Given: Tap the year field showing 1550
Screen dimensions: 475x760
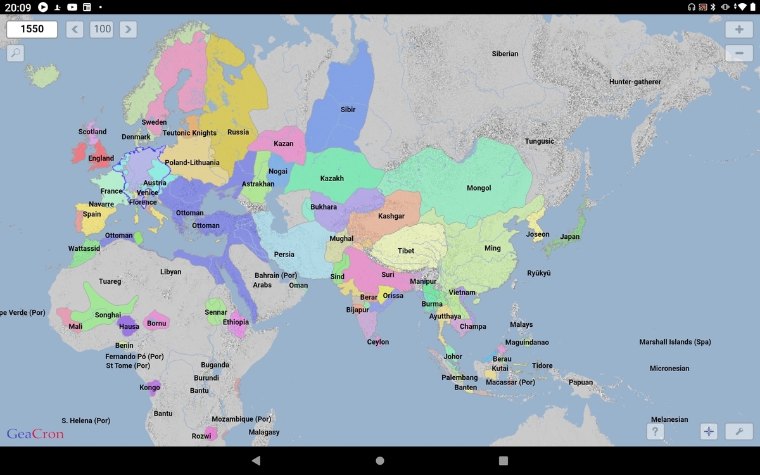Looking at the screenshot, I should coord(32,29).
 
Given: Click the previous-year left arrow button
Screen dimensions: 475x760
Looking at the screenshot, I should coord(75,29).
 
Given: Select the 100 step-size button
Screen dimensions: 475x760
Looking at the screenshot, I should coord(102,29).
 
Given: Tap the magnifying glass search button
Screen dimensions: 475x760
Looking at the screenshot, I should coord(15,53).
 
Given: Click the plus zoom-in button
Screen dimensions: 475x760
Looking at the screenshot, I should coord(739,30).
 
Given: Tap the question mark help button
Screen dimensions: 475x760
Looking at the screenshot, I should coord(655,432).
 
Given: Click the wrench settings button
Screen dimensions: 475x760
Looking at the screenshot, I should coord(739,432).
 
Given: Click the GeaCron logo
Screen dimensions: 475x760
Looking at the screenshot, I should coord(35,434).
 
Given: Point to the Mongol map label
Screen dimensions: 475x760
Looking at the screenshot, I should coord(479,188).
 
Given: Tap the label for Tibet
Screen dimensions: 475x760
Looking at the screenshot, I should coord(406,251).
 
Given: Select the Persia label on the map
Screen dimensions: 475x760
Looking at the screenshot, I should coord(284,255).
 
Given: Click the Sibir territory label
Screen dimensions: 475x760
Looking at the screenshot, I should coord(348,110).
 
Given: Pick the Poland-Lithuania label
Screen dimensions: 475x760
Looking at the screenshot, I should coord(192,163).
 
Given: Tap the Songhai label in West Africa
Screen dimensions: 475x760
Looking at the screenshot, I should coord(108,315).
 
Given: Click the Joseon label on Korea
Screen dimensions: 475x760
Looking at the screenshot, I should coord(538,234).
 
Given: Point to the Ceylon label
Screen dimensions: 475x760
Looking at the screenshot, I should coord(378,342).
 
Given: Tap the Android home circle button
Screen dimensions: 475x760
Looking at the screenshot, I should coord(380,461).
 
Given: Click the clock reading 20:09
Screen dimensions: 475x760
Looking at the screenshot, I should coord(18,7).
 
